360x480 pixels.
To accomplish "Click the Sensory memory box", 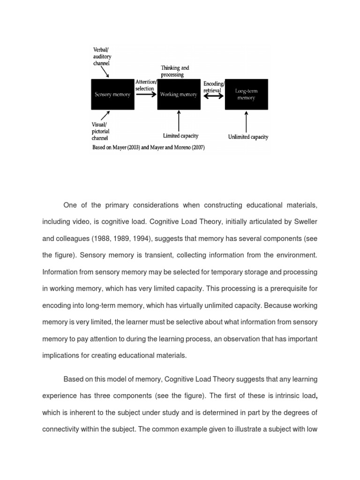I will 113,94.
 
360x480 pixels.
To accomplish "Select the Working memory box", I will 179,94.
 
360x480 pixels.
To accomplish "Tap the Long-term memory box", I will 246,94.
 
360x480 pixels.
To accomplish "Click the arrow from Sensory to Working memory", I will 145,94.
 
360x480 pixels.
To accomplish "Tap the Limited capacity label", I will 180,136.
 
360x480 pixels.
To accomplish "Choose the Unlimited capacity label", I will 248,137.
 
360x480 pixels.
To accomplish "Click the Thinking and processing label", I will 175,71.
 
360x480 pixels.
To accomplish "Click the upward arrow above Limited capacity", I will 179,120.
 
